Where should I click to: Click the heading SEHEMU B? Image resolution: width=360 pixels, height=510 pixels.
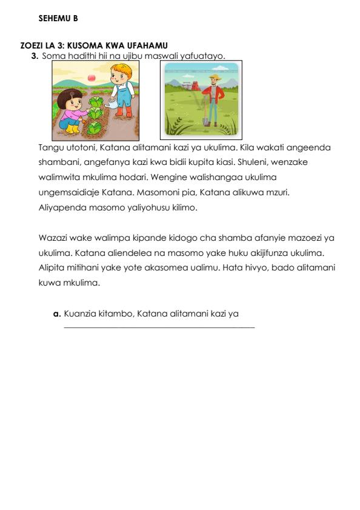pos(58,19)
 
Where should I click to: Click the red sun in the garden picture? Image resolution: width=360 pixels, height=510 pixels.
pos(92,77)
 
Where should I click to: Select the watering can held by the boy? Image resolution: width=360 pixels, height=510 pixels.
pos(113,104)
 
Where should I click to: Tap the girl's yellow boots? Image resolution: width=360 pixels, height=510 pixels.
pos(72,129)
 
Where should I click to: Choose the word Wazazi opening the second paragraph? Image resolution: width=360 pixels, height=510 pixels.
pos(52,237)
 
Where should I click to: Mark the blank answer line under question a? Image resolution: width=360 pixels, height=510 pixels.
pos(159,328)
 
